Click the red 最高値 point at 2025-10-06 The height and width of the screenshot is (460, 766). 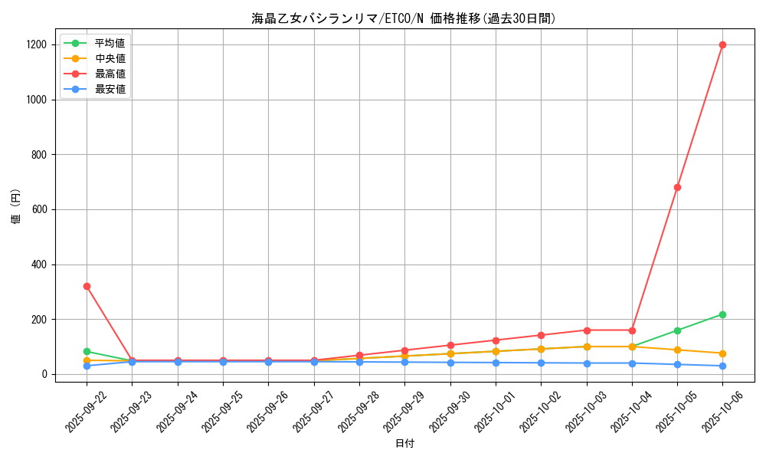[722, 44]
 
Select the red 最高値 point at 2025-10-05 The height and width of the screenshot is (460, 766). [677, 187]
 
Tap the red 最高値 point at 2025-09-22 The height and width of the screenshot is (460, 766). [87, 286]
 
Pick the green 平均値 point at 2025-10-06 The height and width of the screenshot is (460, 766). [722, 314]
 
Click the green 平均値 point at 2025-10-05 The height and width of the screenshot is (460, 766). [677, 330]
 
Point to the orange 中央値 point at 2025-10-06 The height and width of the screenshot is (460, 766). [722, 353]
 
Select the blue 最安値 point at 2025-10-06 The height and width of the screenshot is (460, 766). [722, 366]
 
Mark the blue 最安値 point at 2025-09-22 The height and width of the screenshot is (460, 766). [87, 366]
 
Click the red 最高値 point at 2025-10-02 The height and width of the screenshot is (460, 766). [541, 335]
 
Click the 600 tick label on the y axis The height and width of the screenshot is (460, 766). [40, 209]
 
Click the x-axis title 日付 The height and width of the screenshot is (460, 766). [404, 444]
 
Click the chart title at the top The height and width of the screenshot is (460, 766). [404, 18]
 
